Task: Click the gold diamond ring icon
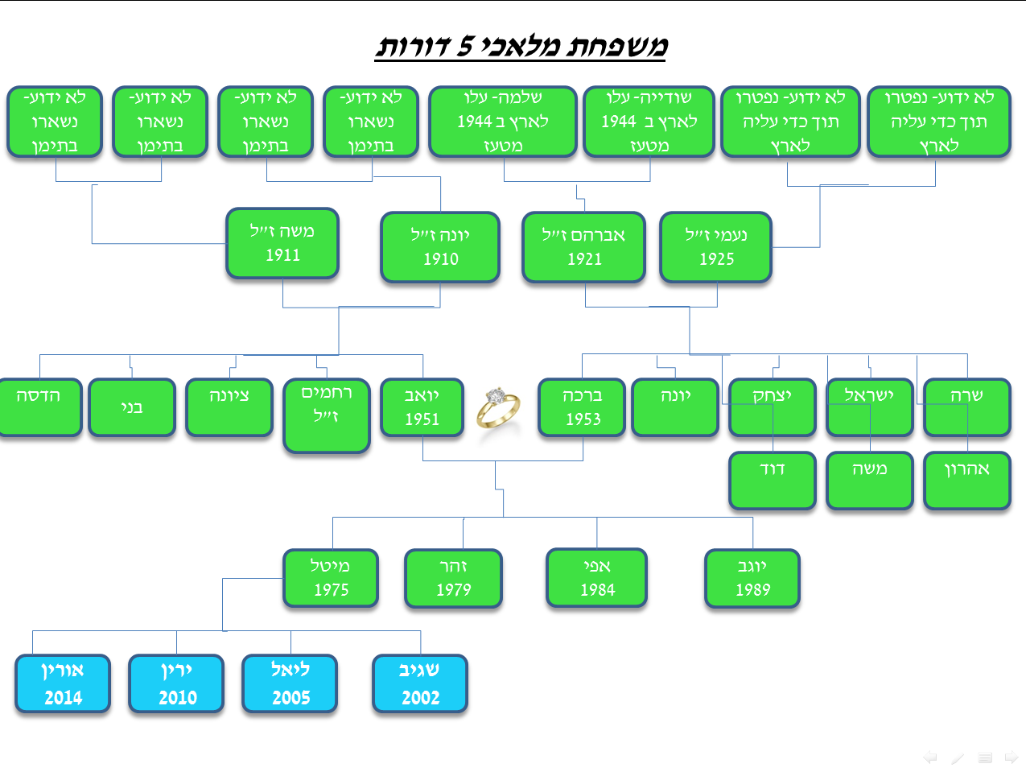[498, 407]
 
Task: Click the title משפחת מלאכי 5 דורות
[521, 46]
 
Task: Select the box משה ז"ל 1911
[282, 243]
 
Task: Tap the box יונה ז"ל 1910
[440, 247]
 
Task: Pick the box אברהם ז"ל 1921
[584, 247]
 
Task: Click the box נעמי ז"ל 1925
[716, 247]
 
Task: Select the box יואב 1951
[422, 407]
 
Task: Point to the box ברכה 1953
[583, 407]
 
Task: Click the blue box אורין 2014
[63, 683]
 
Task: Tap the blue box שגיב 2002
[420, 683]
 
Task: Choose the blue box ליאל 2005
[290, 683]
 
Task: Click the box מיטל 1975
[331, 578]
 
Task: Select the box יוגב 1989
[752, 578]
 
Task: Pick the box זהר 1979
[454, 578]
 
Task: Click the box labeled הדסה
[40, 407]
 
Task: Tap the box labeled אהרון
[966, 481]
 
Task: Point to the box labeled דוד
[773, 481]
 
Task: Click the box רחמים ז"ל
[327, 415]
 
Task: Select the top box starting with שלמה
[503, 122]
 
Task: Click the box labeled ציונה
[229, 407]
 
